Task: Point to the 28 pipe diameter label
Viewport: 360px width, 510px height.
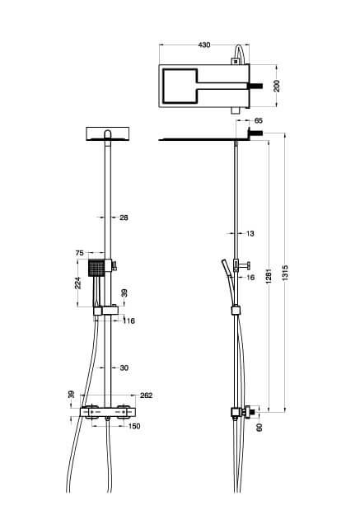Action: (124, 218)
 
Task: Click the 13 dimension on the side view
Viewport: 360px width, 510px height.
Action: (250, 234)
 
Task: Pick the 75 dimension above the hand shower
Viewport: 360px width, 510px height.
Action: (79, 254)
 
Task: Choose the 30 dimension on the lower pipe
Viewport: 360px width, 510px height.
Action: (124, 368)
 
